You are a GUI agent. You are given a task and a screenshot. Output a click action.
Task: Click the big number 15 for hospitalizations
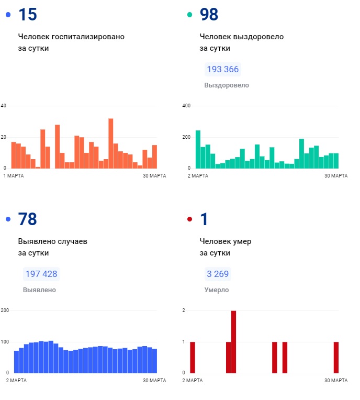[27, 15]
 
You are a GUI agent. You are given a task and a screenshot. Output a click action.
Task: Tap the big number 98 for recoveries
[209, 15]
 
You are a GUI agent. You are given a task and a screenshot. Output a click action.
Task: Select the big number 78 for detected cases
[27, 219]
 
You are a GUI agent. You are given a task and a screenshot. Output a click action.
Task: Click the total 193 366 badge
[223, 70]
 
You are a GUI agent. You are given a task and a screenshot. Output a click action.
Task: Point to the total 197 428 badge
[41, 274]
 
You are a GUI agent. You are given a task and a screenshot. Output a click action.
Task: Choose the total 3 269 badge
[217, 274]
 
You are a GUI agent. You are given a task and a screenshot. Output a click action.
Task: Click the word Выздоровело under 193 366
[227, 85]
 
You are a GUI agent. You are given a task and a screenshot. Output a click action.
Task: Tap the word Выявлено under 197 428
[39, 290]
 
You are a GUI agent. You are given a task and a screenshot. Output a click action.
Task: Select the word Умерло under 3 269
[216, 290]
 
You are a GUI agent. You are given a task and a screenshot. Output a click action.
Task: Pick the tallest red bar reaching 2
[233, 341]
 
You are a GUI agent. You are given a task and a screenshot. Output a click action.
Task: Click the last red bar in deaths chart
[336, 357]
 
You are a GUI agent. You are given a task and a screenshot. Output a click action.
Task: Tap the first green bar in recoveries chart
[198, 149]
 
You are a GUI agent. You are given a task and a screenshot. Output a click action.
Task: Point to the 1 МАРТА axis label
[14, 175]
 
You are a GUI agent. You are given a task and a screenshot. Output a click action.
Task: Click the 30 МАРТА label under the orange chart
[154, 175]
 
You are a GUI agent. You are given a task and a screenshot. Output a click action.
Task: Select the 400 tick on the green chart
[186, 106]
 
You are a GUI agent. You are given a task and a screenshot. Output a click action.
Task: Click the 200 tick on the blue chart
[5, 310]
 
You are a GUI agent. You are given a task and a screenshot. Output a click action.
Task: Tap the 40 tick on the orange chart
[4, 106]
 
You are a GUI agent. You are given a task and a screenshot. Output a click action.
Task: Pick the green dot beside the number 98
[189, 15]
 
